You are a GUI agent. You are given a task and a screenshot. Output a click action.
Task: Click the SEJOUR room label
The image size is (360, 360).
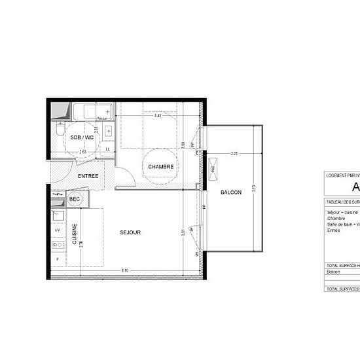[130, 232]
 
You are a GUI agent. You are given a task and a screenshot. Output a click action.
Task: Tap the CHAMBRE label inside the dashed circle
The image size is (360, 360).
[160, 167]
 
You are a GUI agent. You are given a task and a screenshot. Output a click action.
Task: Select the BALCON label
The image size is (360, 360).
[230, 192]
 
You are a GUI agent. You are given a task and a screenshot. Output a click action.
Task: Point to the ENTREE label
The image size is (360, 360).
[88, 177]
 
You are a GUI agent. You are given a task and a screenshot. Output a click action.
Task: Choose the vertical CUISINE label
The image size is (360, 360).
[75, 233]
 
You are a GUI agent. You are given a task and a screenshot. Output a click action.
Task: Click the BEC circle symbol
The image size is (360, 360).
[75, 199]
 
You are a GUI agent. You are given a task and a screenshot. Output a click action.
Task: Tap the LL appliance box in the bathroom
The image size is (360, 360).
[107, 149]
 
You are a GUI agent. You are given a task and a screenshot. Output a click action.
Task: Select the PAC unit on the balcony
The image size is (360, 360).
[213, 168]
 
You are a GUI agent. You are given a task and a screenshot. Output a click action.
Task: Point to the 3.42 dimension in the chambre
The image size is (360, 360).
[157, 117]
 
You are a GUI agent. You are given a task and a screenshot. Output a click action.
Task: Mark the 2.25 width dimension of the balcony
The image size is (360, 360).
[234, 154]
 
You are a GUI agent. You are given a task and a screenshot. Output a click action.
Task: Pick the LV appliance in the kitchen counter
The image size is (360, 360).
[57, 230]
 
